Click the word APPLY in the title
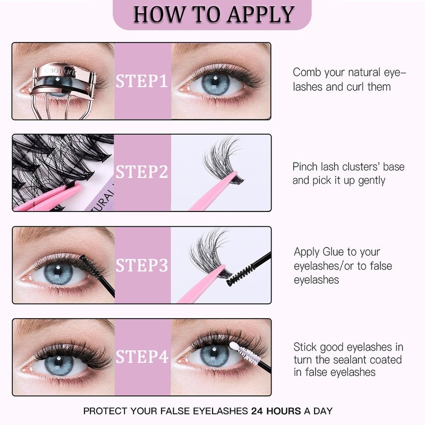tap(261, 15)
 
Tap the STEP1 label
tap(142, 81)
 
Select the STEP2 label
tap(142, 172)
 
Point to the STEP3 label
tap(142, 265)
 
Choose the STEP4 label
tap(142, 356)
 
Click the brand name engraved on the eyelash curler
tap(60, 72)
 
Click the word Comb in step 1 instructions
tap(307, 72)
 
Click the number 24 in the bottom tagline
tap(257, 411)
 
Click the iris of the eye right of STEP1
tap(216, 84)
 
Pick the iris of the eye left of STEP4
tap(59, 364)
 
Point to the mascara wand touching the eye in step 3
tap(97, 275)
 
